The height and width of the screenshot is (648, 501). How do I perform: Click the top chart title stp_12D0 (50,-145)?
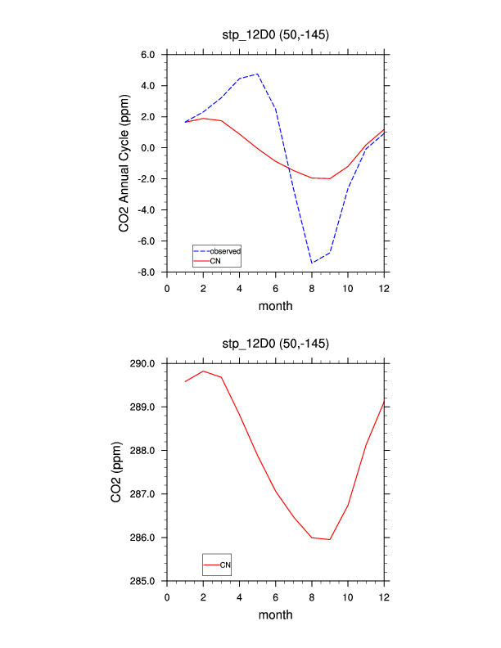coord(275,34)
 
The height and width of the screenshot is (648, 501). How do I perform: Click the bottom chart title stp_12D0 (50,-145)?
coord(275,343)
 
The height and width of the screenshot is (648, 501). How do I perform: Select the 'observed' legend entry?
coord(224,250)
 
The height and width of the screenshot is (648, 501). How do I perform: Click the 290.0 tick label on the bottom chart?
coord(142,363)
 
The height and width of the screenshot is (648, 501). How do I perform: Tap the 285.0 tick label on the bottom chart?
coord(142,582)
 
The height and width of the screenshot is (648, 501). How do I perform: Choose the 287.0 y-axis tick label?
coord(142,494)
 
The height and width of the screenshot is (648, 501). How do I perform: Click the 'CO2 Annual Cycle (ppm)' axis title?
coord(124,164)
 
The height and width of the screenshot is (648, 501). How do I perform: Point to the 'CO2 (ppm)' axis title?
coord(118,472)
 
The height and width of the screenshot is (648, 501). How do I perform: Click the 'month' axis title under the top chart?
coord(275,307)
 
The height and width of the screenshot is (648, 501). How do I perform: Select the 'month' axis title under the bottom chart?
coord(275,615)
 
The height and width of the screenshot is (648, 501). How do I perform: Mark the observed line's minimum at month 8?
coord(312,263)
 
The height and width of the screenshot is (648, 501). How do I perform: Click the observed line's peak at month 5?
coord(258,74)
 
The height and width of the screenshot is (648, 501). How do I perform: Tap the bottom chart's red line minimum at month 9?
coord(330,539)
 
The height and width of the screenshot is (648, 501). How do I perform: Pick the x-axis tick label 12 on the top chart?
coord(384,288)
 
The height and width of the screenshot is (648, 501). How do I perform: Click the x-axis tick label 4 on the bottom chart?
coord(239,596)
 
